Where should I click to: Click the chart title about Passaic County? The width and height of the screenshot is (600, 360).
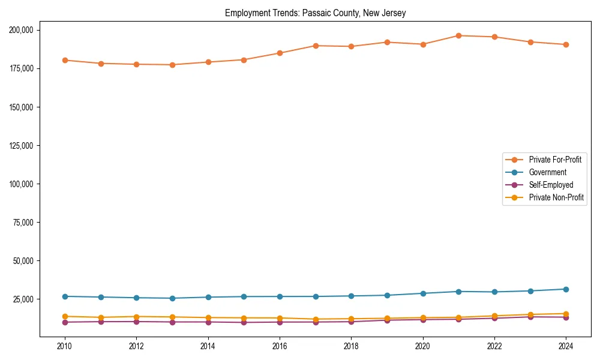pyautogui.click(x=315, y=13)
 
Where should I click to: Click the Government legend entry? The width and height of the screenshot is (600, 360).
pyautogui.click(x=547, y=172)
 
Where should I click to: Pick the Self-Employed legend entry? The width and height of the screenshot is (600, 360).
pyautogui.click(x=551, y=185)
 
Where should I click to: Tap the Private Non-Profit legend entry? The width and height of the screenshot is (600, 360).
pyautogui.click(x=556, y=197)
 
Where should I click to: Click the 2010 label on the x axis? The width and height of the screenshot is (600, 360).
pyautogui.click(x=65, y=346)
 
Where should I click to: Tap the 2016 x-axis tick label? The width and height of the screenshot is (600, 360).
pyautogui.click(x=280, y=346)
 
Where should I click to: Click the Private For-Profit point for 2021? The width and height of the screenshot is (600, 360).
pyautogui.click(x=458, y=35)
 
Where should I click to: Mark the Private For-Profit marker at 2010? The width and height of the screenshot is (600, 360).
pyautogui.click(x=65, y=60)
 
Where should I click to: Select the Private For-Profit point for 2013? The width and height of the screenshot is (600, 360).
pyautogui.click(x=172, y=65)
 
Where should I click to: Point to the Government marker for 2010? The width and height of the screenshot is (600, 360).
pyautogui.click(x=65, y=296)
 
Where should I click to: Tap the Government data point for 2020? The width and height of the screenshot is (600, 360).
pyautogui.click(x=423, y=293)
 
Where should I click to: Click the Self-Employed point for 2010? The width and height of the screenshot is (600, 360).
pyautogui.click(x=65, y=322)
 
